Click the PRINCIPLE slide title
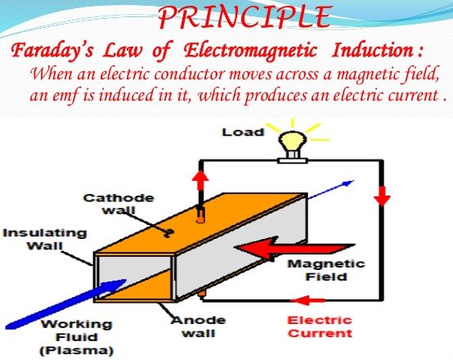244,16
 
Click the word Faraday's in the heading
52,50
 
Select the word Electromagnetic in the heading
250,51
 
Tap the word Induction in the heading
373,50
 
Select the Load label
243,133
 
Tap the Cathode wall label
119,204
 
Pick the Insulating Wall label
45,239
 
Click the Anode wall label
198,326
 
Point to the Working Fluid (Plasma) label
77,337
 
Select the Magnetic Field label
326,270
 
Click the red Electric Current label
320,326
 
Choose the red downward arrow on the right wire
382,196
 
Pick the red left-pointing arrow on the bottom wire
307,300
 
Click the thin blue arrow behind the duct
331,190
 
